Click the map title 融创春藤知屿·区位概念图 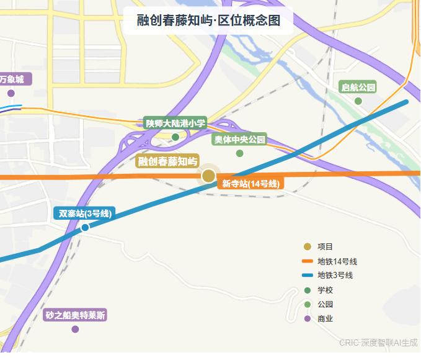pos(208,20)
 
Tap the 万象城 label pos(12,79)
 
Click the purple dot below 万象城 pos(11,94)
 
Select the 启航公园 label pos(358,88)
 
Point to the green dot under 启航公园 pos(358,101)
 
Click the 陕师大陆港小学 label pos(175,124)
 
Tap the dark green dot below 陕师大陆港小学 pos(175,137)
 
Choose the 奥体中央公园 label pos(239,140)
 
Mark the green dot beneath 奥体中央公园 pos(239,153)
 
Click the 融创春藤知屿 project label pos(167,162)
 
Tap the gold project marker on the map pos(209,176)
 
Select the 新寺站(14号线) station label pos(251,184)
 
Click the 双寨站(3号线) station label pos(85,214)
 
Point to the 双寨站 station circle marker pos(85,227)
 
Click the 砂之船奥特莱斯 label pos(76,315)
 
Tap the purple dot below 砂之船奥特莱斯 pos(76,329)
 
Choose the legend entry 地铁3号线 pos(335,276)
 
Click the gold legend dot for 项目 pos(306,246)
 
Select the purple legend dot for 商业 pos(306,319)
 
